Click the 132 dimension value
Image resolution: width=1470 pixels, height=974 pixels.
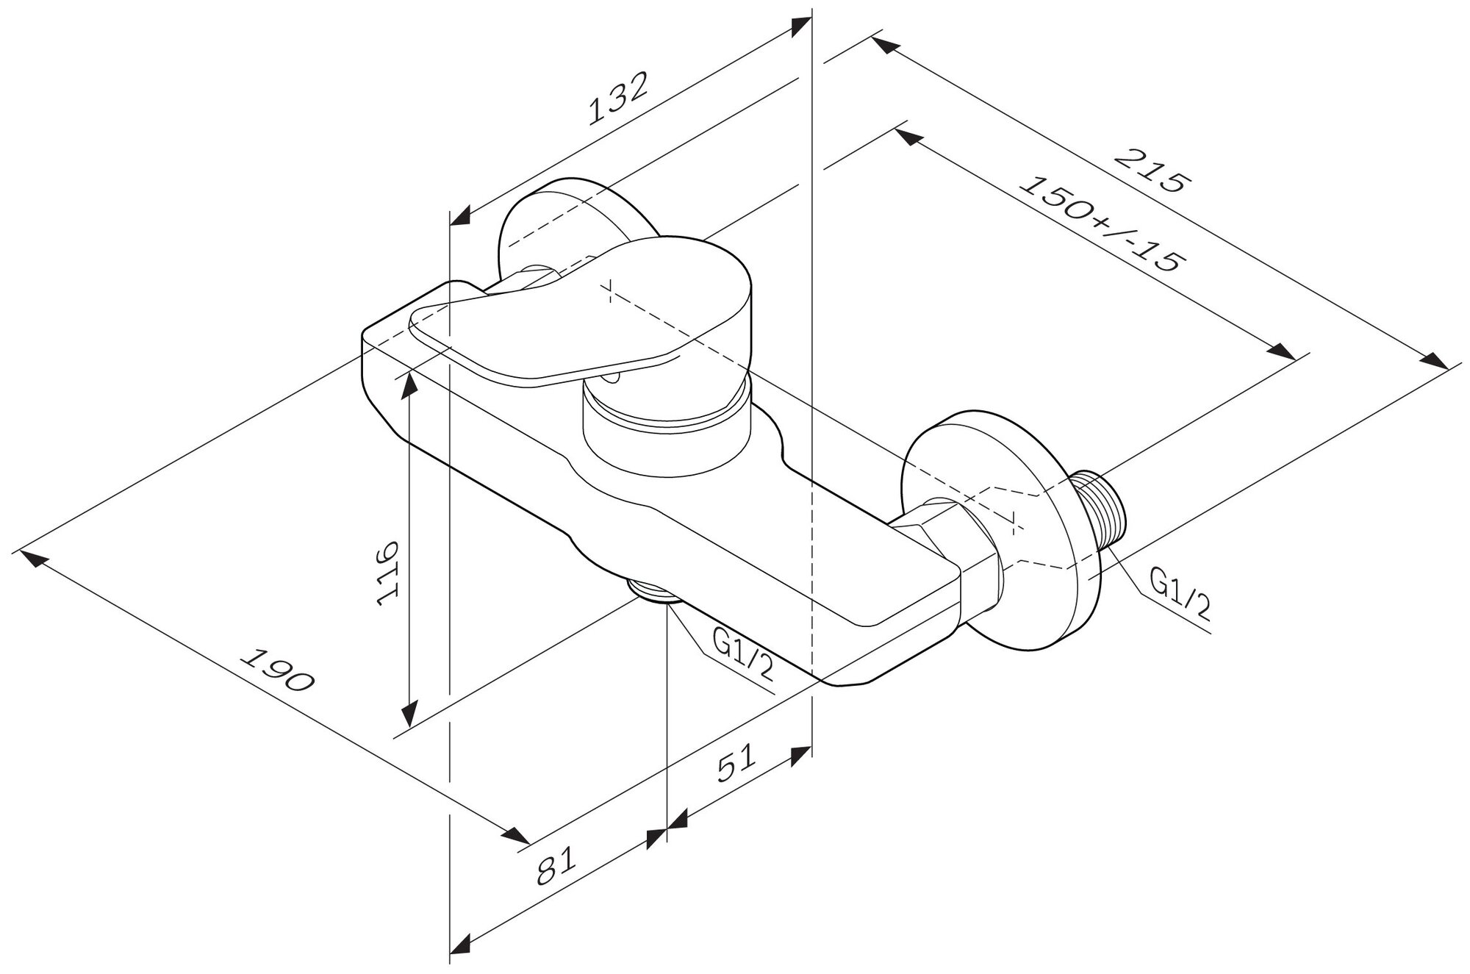(x=619, y=98)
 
